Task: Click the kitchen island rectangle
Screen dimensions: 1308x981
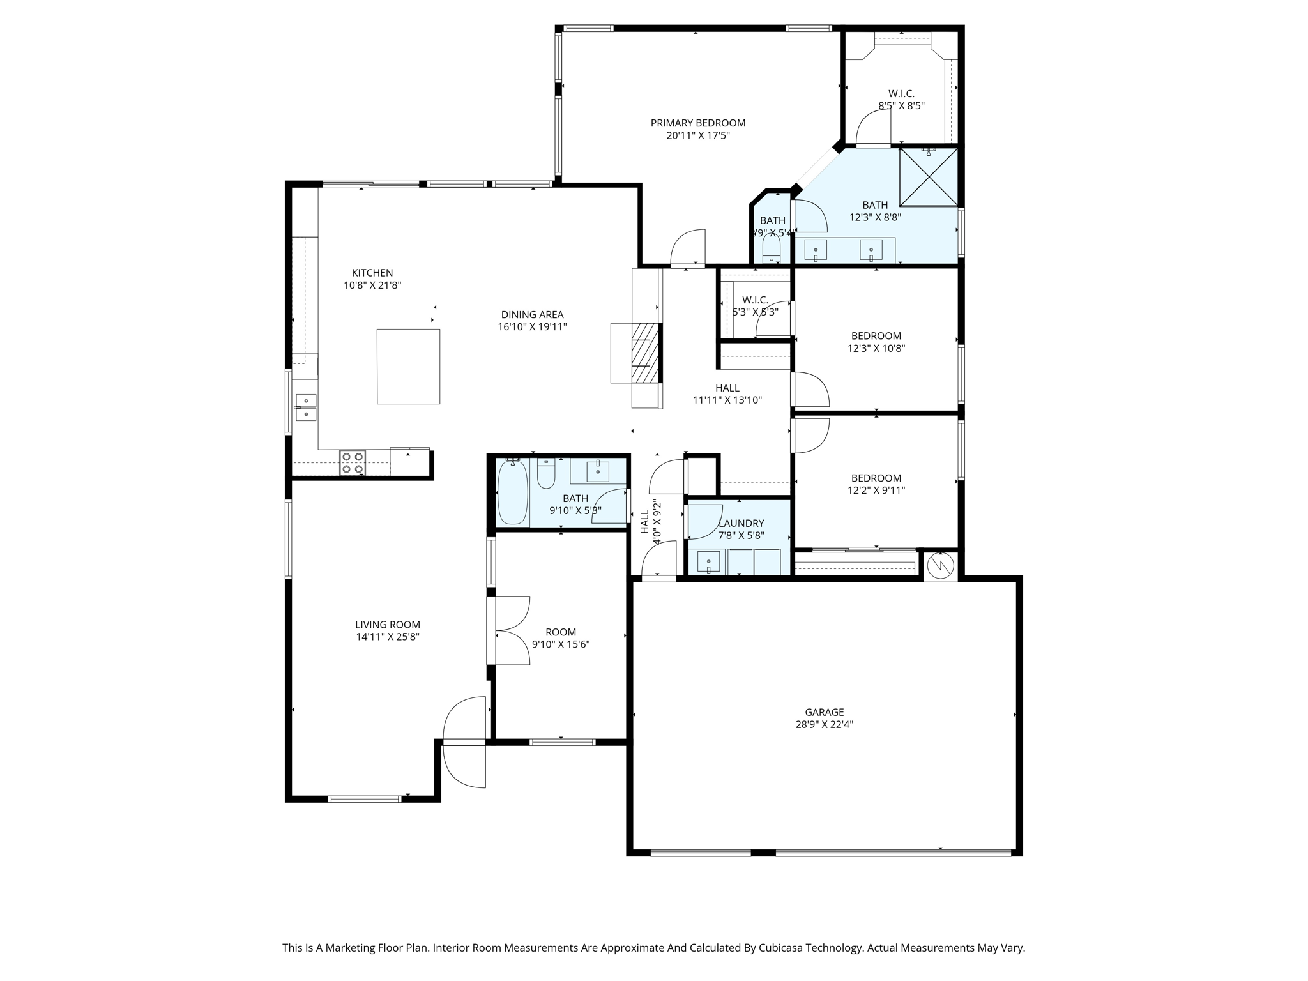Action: (x=408, y=367)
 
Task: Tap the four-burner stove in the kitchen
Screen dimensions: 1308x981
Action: (x=352, y=462)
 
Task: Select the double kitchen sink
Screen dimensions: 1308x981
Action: (x=306, y=407)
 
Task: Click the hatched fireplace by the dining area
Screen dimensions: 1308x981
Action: (x=644, y=353)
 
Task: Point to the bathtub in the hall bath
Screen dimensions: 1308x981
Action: (x=513, y=492)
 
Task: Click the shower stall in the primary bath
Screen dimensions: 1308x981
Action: (x=929, y=178)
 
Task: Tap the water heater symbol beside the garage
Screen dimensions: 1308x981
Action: (x=940, y=565)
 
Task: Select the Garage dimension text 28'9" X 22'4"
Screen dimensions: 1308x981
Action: (x=825, y=724)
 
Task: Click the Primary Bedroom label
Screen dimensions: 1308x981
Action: (x=698, y=123)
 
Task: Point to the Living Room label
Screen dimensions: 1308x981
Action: (x=388, y=625)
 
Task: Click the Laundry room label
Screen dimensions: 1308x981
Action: (x=741, y=523)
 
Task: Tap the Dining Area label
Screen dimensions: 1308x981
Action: (x=532, y=314)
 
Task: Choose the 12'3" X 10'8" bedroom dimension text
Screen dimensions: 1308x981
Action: (x=876, y=348)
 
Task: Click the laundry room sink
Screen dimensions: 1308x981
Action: (x=708, y=563)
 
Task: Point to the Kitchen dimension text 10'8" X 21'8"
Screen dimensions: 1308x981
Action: (x=372, y=285)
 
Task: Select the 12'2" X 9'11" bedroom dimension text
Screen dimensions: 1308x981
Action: (x=876, y=490)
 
